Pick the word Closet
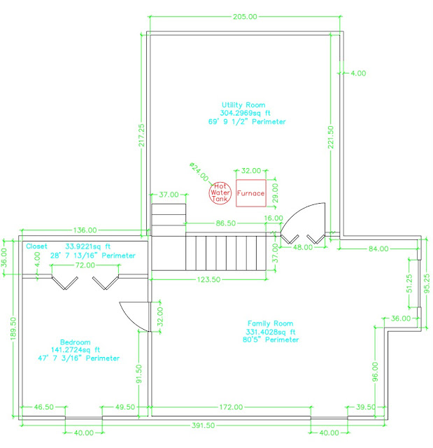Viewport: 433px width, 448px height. pyautogui.click(x=37, y=246)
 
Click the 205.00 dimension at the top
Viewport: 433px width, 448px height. pyautogui.click(x=244, y=15)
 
